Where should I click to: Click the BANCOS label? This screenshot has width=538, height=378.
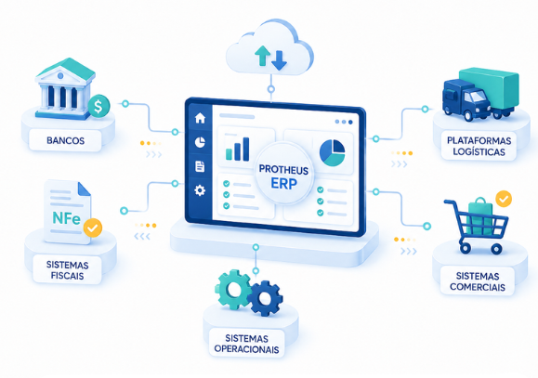point(66,140)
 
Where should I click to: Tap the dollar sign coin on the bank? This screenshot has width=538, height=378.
point(98,106)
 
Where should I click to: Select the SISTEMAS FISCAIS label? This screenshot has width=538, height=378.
point(67,270)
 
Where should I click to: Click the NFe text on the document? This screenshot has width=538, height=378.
point(66,218)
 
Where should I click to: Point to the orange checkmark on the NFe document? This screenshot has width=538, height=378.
point(93,228)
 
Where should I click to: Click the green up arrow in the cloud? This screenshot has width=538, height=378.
point(262,56)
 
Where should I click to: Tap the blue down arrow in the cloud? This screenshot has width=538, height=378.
point(279,60)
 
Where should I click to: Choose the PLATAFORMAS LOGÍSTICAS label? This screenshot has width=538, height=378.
point(479,146)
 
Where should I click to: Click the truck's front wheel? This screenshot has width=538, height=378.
point(468,115)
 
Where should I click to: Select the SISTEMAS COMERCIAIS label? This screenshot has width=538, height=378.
point(478,281)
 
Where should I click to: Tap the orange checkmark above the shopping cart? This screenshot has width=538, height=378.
point(504,199)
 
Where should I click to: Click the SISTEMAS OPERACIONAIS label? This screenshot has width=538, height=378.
point(246,344)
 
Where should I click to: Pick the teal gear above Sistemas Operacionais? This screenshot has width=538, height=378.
point(233,290)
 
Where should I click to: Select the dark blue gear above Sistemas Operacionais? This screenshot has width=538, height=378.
point(265,298)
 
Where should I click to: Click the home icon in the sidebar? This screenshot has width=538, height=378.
point(200,118)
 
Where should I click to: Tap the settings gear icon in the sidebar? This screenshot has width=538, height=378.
point(200,190)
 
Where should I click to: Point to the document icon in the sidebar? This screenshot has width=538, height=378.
point(200,166)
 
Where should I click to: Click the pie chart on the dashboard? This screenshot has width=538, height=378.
point(332,152)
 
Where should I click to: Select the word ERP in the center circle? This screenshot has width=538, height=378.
point(283,184)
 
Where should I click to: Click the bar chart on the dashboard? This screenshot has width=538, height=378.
point(238,149)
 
